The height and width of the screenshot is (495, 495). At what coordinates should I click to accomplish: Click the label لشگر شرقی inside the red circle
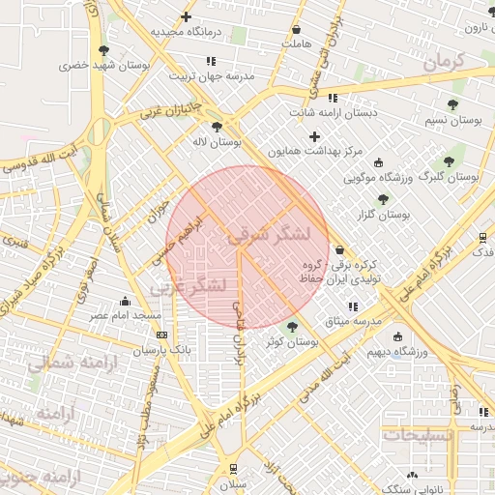click(x=268, y=234)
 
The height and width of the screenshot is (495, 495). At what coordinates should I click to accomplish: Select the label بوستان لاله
click(x=216, y=142)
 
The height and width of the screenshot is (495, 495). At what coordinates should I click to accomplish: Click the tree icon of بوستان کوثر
click(x=292, y=328)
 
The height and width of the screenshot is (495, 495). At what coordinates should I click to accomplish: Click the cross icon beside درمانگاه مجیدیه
click(x=186, y=16)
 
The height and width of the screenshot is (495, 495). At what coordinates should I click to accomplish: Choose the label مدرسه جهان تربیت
click(x=212, y=75)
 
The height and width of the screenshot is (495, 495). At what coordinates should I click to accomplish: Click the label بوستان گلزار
click(x=385, y=215)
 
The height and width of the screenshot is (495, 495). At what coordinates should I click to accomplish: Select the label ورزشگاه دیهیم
click(x=398, y=353)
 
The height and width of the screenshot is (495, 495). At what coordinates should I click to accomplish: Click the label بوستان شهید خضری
click(x=103, y=66)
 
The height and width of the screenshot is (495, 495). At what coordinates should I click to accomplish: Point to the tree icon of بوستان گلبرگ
click(x=449, y=161)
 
